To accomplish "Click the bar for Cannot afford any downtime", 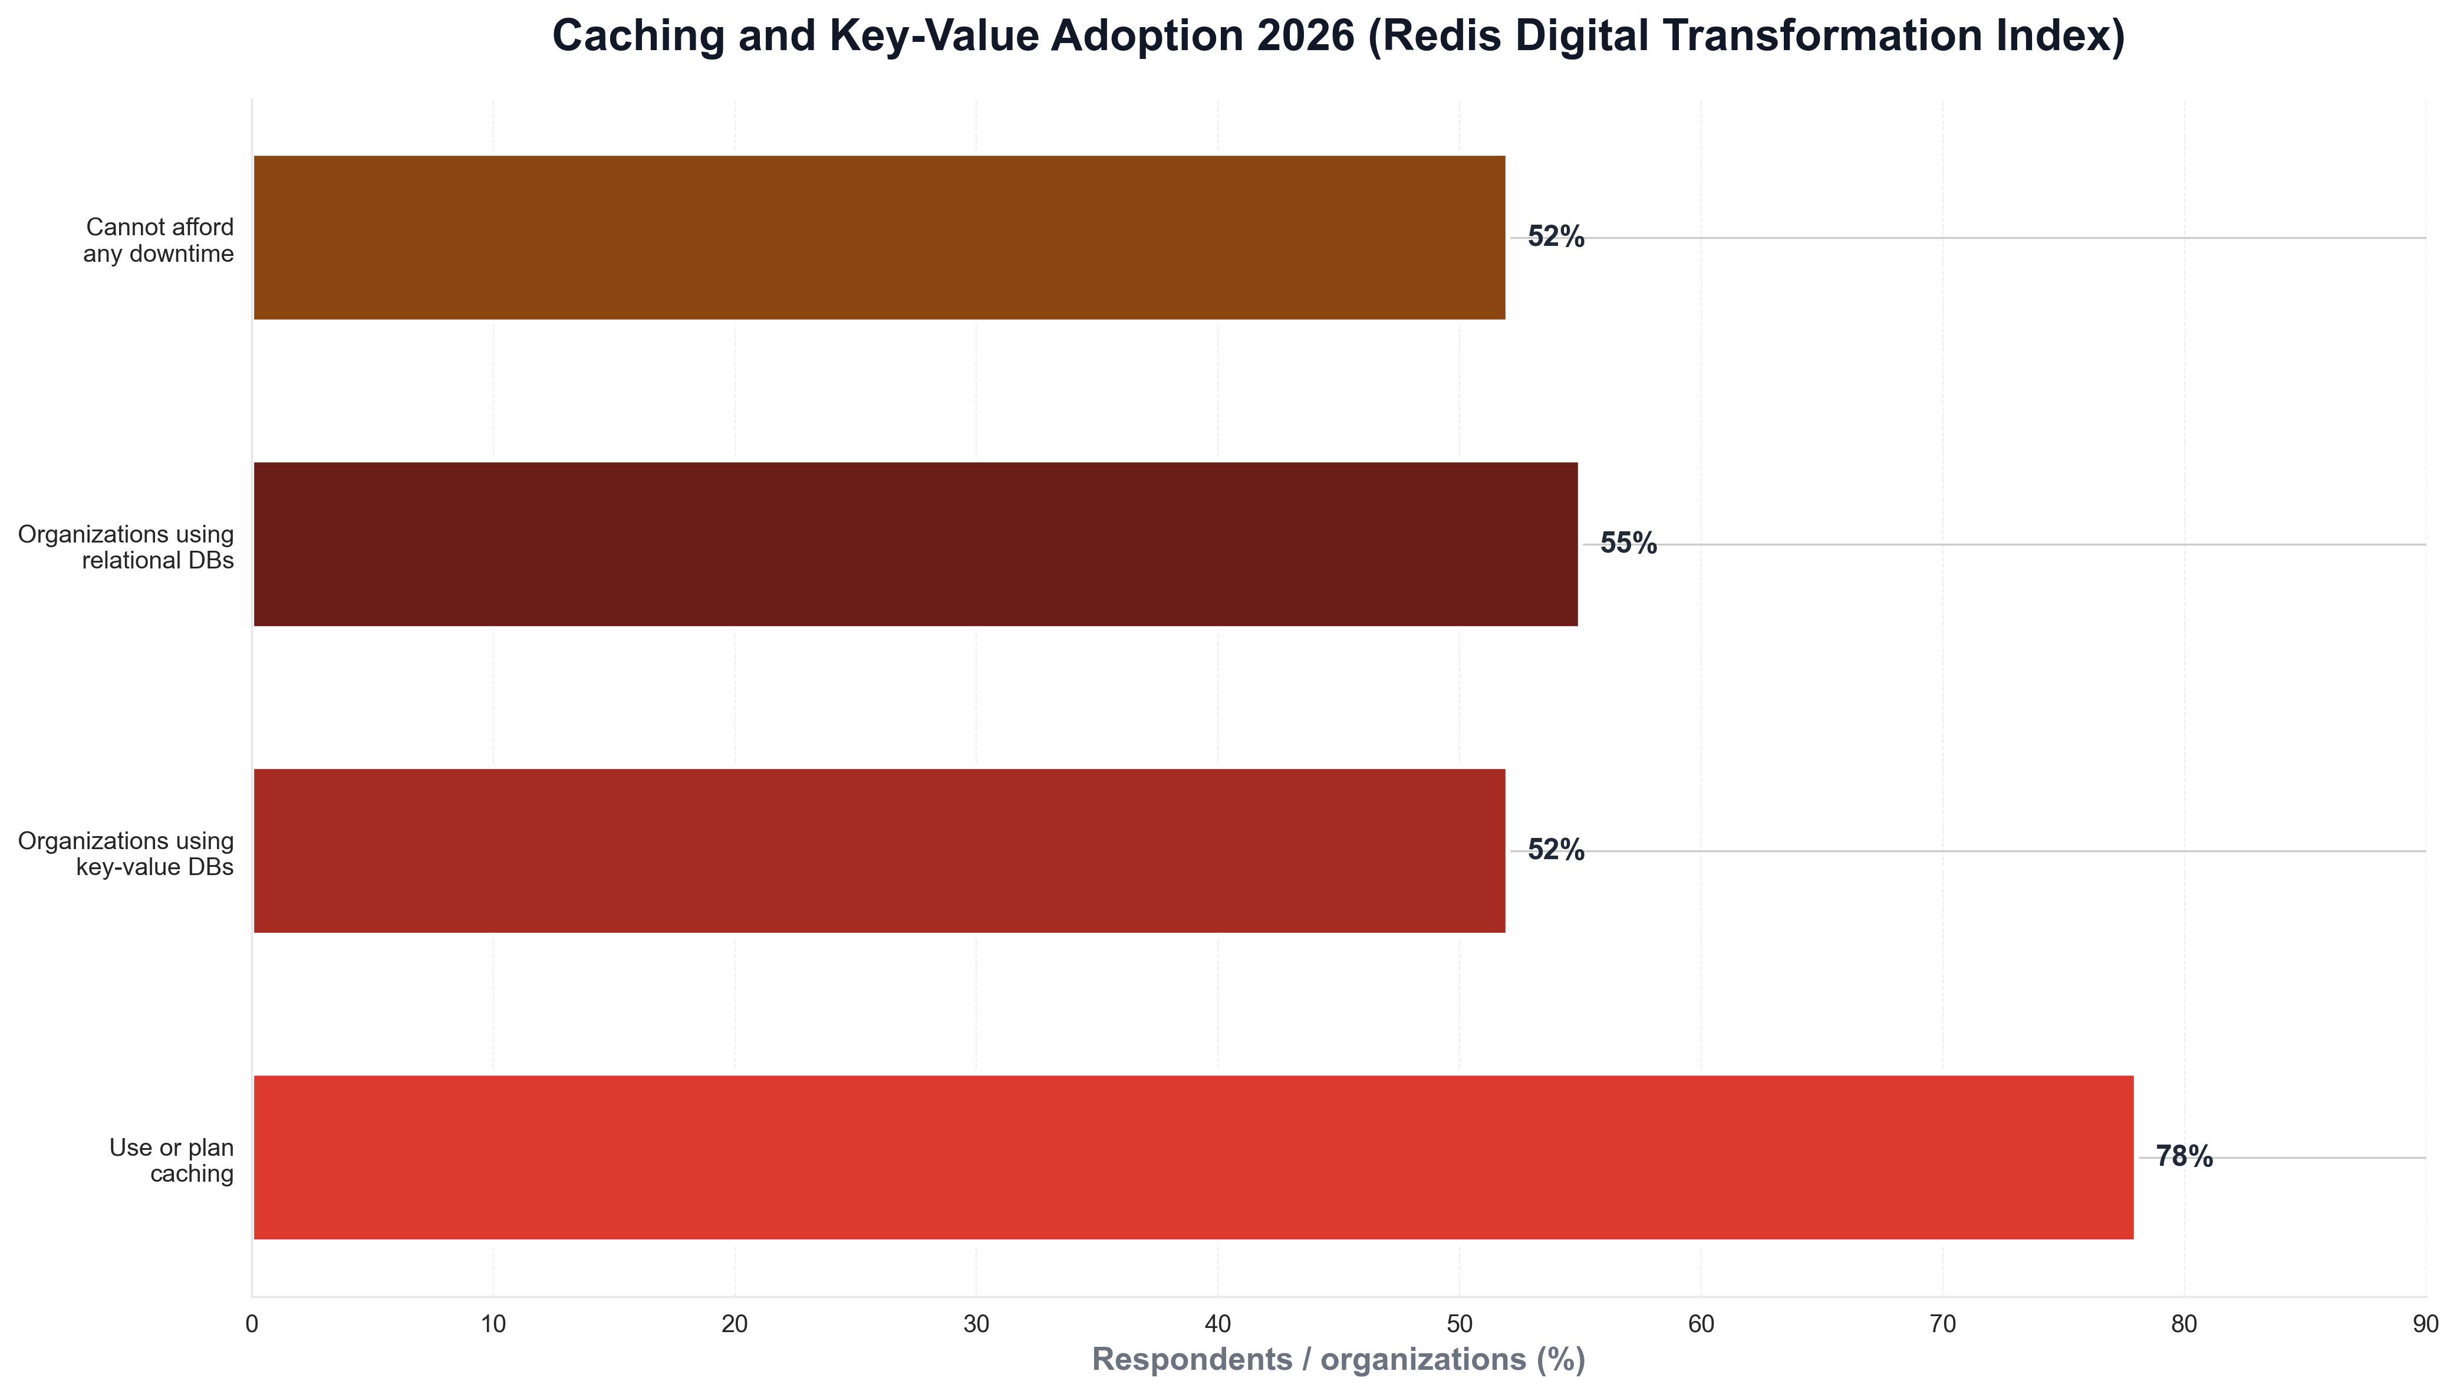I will (x=879, y=238).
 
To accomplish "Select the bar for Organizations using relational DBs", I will (x=915, y=544).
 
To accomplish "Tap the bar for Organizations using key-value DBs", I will (x=879, y=850).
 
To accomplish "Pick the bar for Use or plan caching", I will (x=1193, y=1156).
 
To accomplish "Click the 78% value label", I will (x=2184, y=1156).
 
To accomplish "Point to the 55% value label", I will (x=1628, y=544).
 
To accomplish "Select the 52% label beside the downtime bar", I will (x=1555, y=238).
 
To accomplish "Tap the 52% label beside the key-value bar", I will (x=1555, y=850).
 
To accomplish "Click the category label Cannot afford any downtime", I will (x=159, y=241).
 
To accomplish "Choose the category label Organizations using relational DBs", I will (x=126, y=547).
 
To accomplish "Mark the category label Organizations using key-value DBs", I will (x=126, y=853).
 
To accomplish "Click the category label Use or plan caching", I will (x=172, y=1159).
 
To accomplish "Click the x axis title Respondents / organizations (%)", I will (x=1338, y=1360).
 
